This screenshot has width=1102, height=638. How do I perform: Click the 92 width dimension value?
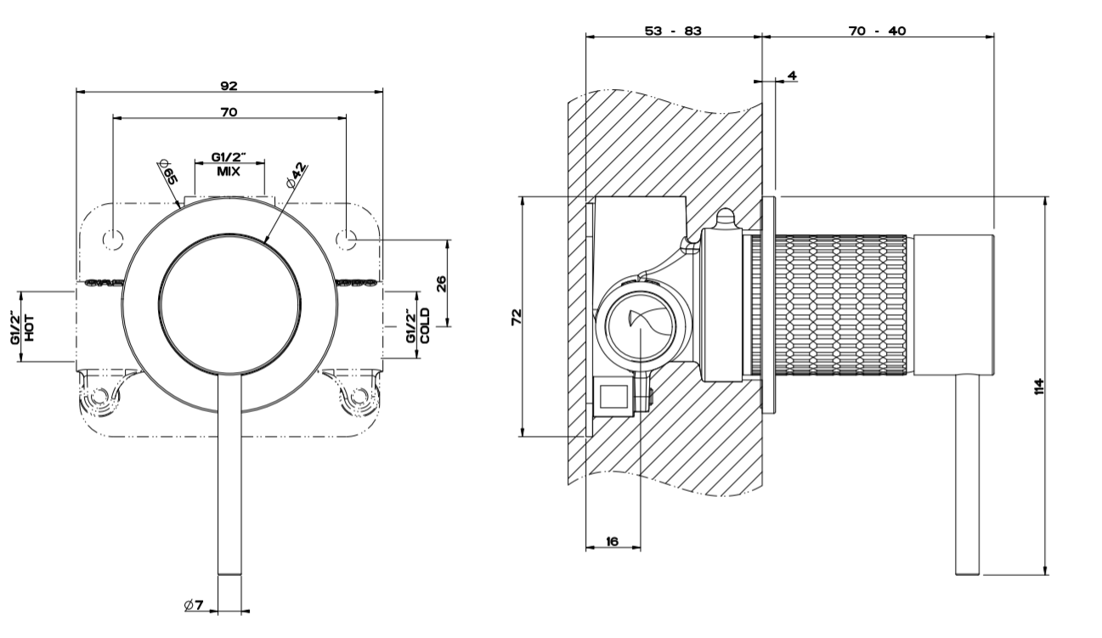[x=229, y=85]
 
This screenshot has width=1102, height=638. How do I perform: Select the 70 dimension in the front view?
[x=229, y=111]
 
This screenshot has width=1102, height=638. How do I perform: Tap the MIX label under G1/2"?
[x=229, y=171]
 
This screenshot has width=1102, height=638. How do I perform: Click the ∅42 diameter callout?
[x=297, y=173]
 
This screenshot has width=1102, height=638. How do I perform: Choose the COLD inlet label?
[x=425, y=327]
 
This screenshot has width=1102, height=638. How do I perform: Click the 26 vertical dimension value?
[x=441, y=283]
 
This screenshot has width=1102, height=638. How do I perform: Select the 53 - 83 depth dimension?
[x=673, y=31]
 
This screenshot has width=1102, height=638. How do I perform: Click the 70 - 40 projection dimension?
[x=877, y=31]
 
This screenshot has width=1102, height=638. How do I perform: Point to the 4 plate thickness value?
[x=792, y=76]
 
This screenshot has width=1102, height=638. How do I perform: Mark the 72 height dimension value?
[x=515, y=317]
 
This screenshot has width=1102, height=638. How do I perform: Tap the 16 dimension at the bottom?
[x=612, y=540]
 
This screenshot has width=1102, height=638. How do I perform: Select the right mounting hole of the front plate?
[x=346, y=240]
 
